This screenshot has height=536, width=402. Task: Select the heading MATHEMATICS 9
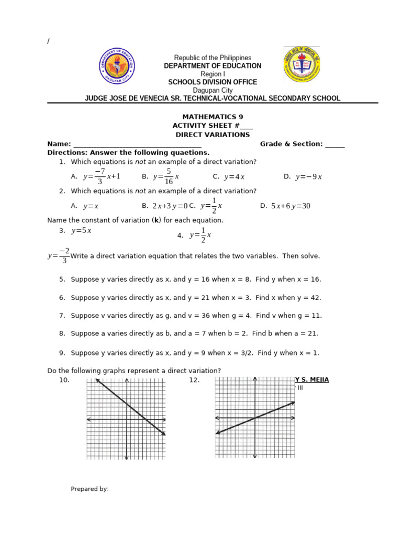(213, 117)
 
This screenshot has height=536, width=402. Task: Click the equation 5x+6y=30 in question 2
(291, 206)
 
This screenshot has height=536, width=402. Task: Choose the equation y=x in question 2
(91, 206)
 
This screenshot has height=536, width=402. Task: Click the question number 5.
(62, 280)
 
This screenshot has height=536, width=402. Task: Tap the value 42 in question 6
(313, 298)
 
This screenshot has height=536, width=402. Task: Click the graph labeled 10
(126, 419)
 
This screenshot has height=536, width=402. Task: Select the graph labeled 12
(255, 418)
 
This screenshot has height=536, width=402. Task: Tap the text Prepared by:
(90, 489)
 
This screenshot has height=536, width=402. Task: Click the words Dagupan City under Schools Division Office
(213, 91)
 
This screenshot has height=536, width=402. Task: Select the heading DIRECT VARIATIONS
(213, 135)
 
